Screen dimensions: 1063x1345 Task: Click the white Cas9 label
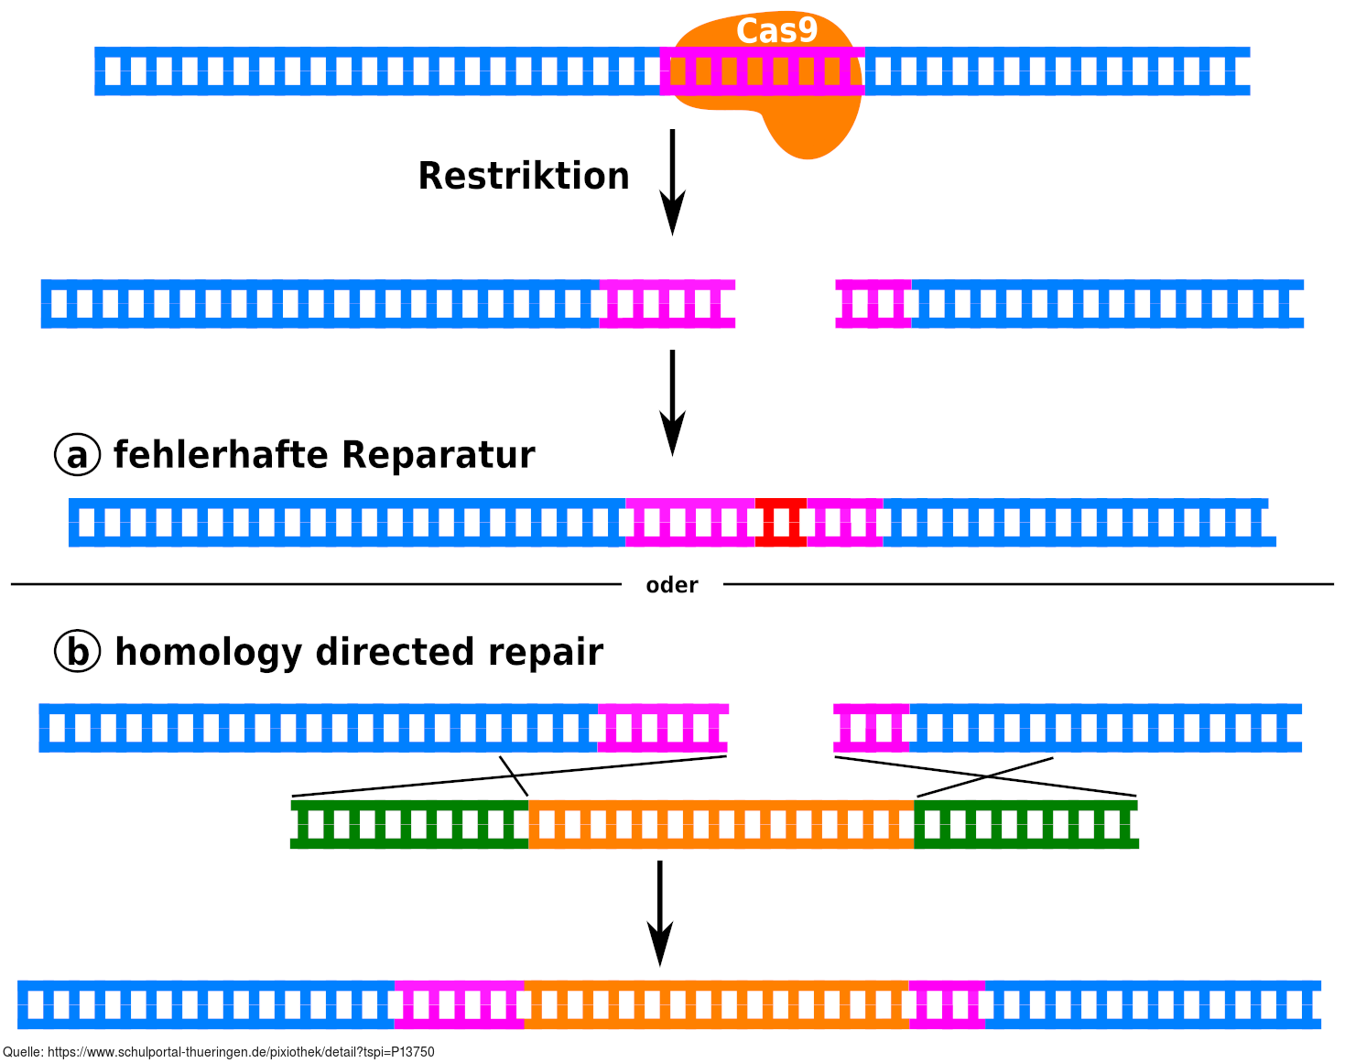click(x=776, y=31)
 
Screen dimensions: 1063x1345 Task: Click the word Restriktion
click(x=524, y=176)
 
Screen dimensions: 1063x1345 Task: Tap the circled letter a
click(x=78, y=455)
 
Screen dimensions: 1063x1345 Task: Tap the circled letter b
click(x=78, y=652)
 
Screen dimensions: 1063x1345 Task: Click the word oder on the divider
click(x=672, y=585)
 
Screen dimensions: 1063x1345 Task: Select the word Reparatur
click(x=439, y=455)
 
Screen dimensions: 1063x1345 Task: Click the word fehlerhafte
click(x=221, y=455)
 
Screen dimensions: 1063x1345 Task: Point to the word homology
click(x=210, y=653)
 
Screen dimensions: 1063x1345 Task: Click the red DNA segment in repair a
click(x=781, y=523)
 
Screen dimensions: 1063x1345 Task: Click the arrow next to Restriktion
click(x=673, y=182)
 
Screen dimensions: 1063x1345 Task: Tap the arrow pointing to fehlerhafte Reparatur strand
click(x=673, y=402)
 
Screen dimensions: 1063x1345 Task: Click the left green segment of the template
click(x=409, y=824)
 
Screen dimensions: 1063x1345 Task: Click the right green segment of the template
click(x=1025, y=824)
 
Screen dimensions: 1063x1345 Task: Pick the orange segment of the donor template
click(x=721, y=824)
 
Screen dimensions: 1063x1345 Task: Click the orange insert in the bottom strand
click(x=716, y=1004)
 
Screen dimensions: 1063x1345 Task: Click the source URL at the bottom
click(x=219, y=1053)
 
